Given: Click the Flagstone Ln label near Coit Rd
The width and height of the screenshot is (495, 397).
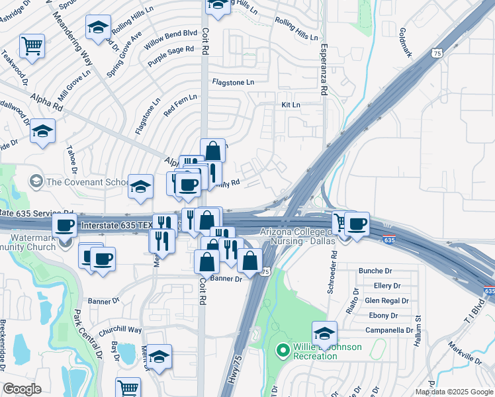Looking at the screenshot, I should pos(232,82).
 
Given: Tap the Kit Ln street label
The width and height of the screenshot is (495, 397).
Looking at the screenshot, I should pos(291,105).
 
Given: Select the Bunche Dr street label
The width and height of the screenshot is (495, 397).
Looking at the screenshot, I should pos(375,271).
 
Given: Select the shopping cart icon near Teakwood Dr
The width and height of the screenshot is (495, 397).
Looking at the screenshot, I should pos(32,46).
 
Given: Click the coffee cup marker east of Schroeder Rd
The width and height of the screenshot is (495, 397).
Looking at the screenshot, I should pos(357,224).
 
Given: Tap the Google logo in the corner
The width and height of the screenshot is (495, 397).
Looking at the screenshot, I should pos(22,389).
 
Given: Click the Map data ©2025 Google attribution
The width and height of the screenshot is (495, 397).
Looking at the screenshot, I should pos(454,392).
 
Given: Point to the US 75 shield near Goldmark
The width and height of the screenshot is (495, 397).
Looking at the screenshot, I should pos(435,53).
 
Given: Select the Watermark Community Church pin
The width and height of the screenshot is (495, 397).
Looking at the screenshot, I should pos(65,242).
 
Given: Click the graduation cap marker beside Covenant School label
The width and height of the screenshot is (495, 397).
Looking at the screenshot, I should pos(140,187).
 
